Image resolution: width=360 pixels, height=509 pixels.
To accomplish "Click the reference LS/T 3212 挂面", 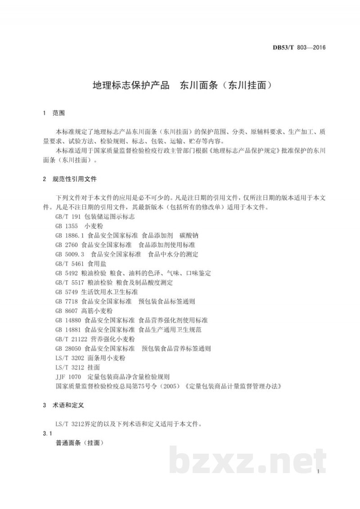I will [78, 367].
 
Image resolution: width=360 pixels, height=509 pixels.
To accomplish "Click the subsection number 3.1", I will [47, 433].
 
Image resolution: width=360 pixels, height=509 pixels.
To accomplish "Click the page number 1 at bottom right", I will [318, 473].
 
